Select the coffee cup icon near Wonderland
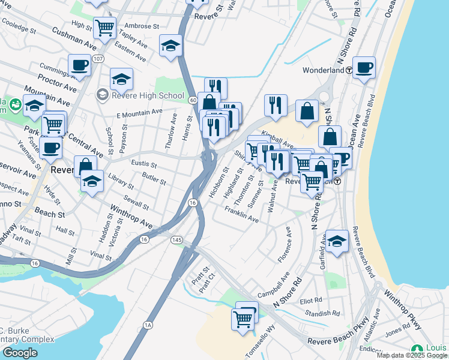364,67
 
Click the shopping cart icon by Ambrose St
104,27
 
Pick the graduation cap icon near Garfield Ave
337,241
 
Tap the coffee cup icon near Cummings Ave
79,65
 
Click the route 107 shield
98,59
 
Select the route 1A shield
148,325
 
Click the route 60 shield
192,100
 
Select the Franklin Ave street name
241,215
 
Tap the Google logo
20,352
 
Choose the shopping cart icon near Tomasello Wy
243,318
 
